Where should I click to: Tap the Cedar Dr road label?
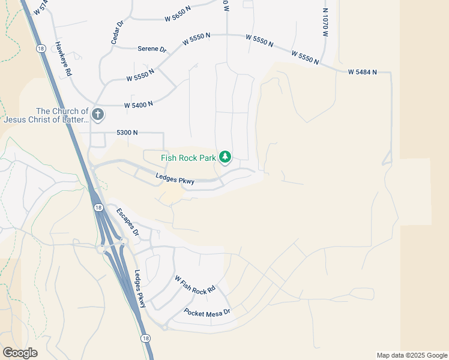click(x=116, y=32)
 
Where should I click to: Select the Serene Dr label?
click(x=152, y=49)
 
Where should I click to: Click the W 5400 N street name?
click(x=139, y=104)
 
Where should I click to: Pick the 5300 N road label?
click(x=127, y=132)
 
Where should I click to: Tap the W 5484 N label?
click(x=362, y=72)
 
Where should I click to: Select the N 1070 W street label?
click(x=325, y=23)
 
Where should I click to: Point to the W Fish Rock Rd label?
click(x=194, y=285)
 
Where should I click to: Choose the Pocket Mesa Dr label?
click(x=207, y=313)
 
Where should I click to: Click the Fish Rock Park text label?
click(x=188, y=158)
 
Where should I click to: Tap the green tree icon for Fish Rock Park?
click(x=224, y=157)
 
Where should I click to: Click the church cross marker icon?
click(x=98, y=114)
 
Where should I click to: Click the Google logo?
click(x=20, y=353)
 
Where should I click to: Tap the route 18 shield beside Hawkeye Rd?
click(x=41, y=49)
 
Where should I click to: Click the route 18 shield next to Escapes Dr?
click(x=97, y=207)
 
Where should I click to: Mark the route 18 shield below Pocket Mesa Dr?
click(x=145, y=338)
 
